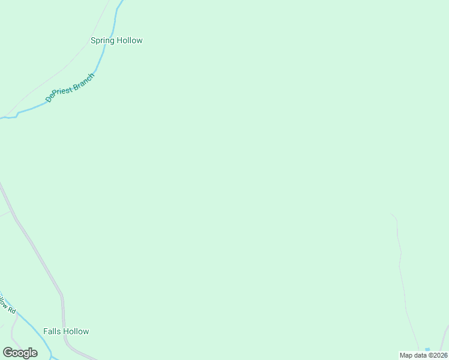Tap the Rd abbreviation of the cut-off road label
click(x=11, y=310)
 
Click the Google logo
click(x=20, y=353)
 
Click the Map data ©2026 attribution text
click(x=423, y=355)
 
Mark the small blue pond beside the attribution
click(x=427, y=349)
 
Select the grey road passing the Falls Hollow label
click(x=62, y=312)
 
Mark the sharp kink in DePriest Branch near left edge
click(x=17, y=113)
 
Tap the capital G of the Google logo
click(x=8, y=353)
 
